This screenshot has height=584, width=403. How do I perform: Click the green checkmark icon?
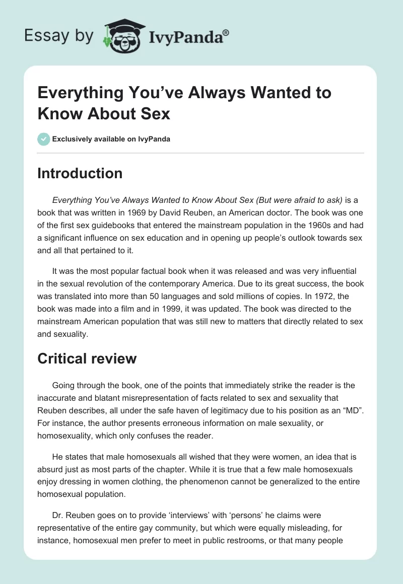(x=44, y=139)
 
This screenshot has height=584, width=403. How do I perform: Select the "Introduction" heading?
(x=80, y=173)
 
